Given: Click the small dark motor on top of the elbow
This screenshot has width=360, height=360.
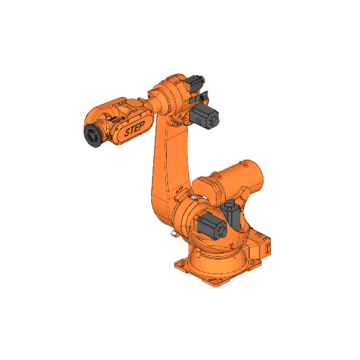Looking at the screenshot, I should pyautogui.click(x=195, y=84).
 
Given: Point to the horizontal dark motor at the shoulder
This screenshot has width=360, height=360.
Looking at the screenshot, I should pyautogui.click(x=210, y=226).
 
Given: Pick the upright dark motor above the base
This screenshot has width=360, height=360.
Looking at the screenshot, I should pyautogui.click(x=229, y=211).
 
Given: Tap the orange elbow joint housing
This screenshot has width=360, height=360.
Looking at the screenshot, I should pyautogui.click(x=169, y=95).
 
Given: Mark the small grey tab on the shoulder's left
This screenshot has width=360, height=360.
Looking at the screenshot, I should pyautogui.click(x=172, y=231).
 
